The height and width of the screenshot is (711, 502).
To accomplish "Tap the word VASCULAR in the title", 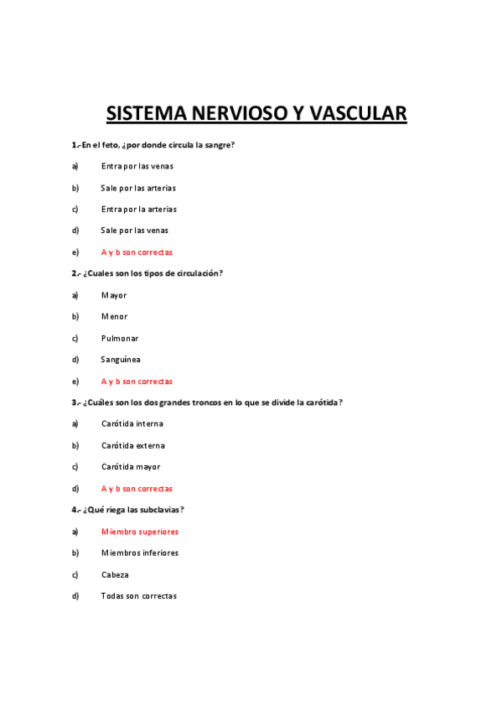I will click(x=355, y=113).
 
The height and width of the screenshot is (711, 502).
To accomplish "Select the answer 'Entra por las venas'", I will click(x=137, y=166).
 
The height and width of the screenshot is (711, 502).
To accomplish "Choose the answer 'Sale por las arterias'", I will click(x=138, y=188).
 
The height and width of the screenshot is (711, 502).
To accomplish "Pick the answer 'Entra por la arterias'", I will click(x=139, y=209).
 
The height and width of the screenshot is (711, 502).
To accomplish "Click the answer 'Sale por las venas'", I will click(x=135, y=231).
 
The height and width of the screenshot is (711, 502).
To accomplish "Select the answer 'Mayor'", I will click(x=114, y=295).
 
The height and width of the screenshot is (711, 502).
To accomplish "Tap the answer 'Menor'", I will click(x=115, y=317).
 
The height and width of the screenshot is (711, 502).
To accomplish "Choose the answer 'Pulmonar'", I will click(x=120, y=339).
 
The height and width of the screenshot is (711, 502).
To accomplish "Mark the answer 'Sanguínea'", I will click(x=121, y=360).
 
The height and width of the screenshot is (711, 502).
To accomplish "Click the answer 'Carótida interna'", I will click(x=132, y=424).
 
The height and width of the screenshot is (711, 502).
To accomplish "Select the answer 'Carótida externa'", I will click(x=133, y=446).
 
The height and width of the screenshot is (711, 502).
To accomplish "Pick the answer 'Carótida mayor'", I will click(x=131, y=467).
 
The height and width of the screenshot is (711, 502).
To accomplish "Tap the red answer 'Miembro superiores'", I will click(x=140, y=532).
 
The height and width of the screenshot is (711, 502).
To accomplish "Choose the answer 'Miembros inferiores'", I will click(x=140, y=553).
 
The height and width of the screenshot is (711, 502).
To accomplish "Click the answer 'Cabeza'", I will click(x=115, y=575).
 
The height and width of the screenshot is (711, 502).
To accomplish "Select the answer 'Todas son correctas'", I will click(x=139, y=596).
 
